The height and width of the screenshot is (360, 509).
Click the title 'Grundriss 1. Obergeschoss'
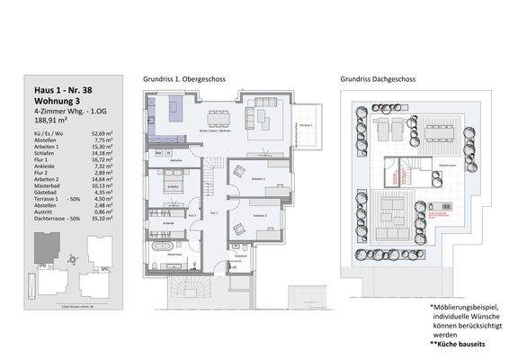[x=184, y=79]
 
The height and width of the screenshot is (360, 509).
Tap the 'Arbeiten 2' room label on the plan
[x=259, y=216]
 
